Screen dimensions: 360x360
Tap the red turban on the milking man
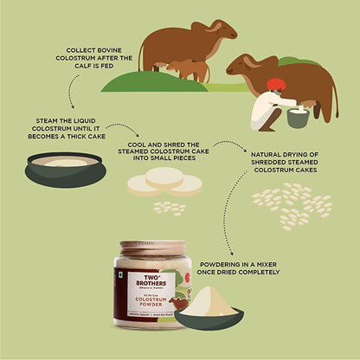tap(276, 84)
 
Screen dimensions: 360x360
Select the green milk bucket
tap(298, 117)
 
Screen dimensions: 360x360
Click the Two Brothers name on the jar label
tap(145, 280)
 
